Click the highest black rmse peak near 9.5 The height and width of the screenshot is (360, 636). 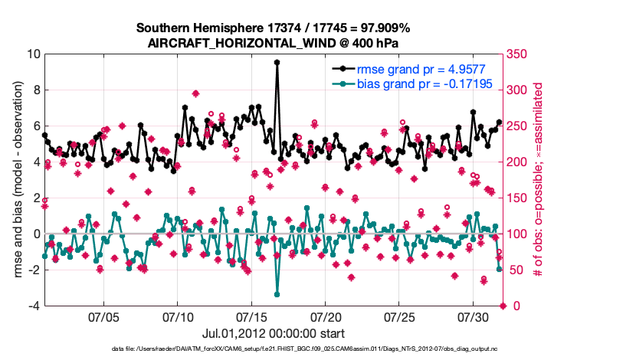pos(277,63)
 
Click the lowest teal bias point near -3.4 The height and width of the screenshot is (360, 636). pos(277,294)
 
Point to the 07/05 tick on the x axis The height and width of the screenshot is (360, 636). pos(103,316)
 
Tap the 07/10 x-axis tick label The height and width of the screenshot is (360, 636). pos(178,316)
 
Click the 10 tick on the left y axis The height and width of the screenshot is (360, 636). pos(32,54)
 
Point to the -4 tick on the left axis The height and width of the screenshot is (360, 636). pos(32,306)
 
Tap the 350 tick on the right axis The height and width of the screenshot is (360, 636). pos(518,54)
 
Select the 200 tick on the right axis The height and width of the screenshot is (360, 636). pos(518,162)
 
